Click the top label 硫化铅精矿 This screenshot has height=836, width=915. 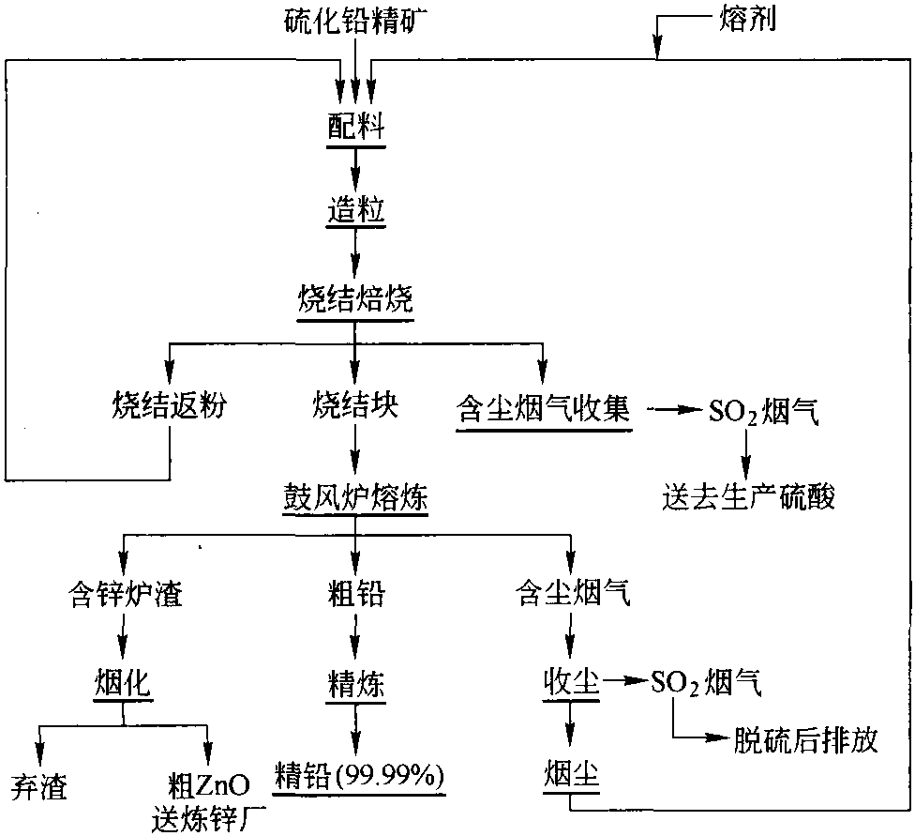pos(356,22)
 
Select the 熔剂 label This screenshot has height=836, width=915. pos(747,20)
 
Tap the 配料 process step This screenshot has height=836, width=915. pos(356,125)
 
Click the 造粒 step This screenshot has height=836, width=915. pos(356,210)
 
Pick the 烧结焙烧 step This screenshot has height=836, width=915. pos(355,299)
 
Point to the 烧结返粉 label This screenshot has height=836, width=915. pos(170,404)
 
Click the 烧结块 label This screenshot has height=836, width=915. pos(355,404)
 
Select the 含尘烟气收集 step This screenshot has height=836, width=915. pos(544,408)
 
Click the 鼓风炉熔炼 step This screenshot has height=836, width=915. pos(355,497)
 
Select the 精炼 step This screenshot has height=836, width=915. pos(356,684)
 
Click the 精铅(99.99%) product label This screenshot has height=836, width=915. pos(359,776)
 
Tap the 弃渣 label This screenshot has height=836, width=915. pos(39,787)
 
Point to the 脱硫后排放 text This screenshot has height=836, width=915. pos(805,739)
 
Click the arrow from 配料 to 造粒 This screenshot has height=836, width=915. pos(355,168)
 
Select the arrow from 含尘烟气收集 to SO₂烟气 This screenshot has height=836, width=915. pos(673,409)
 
